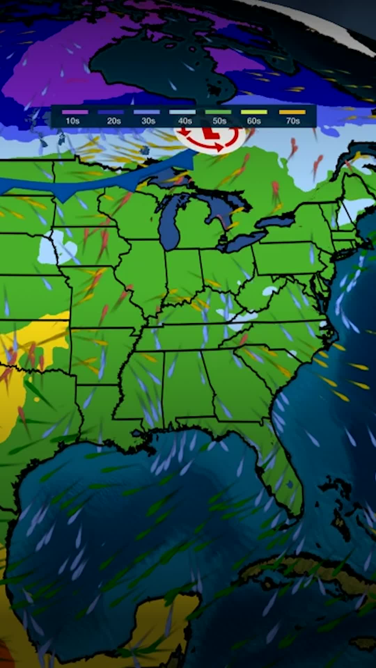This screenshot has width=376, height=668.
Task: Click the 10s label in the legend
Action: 72,121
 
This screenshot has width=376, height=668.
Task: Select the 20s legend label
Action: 114,121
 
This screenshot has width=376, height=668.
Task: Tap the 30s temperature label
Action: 148,121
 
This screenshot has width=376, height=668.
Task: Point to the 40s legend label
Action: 185,121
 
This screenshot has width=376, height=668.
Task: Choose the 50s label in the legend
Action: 219,121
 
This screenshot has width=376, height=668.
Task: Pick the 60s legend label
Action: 254,121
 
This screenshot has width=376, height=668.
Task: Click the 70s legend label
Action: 293,121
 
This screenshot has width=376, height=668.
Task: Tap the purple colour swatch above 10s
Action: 75,112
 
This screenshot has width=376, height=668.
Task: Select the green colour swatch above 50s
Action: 218,112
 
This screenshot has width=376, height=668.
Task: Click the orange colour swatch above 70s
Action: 292,112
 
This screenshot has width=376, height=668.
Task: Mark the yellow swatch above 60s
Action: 254,112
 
